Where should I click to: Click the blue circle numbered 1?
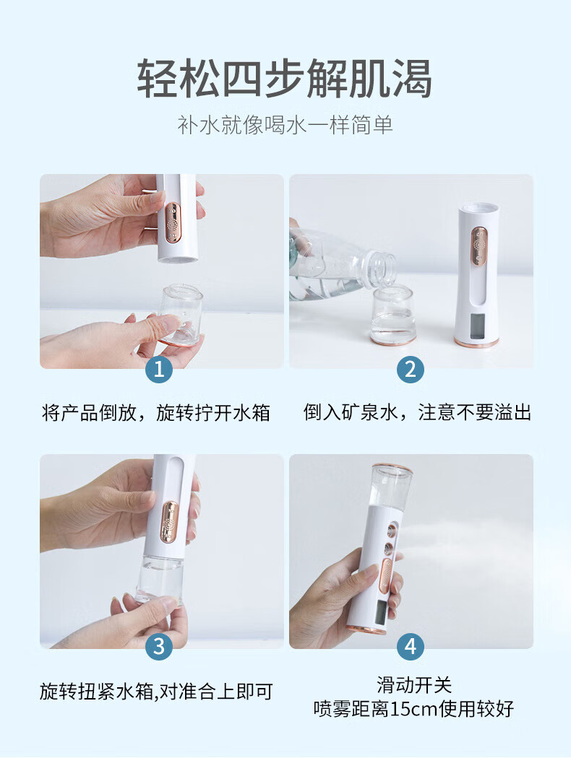pos(159,370)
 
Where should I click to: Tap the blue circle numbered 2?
pos(411,370)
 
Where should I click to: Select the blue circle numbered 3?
pos(159,647)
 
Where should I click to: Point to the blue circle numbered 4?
pos(411,647)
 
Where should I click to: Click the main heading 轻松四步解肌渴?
pos(285,79)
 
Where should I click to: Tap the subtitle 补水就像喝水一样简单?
pos(285,125)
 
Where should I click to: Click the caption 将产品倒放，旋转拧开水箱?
pos(156,413)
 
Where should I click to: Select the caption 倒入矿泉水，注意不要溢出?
pos(417,412)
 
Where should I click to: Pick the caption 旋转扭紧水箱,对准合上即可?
pos(157,692)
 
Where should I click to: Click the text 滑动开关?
pos(414,685)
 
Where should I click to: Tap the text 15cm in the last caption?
pos(413,709)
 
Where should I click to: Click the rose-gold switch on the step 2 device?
pos(479,247)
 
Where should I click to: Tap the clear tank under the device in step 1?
pos(180,315)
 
